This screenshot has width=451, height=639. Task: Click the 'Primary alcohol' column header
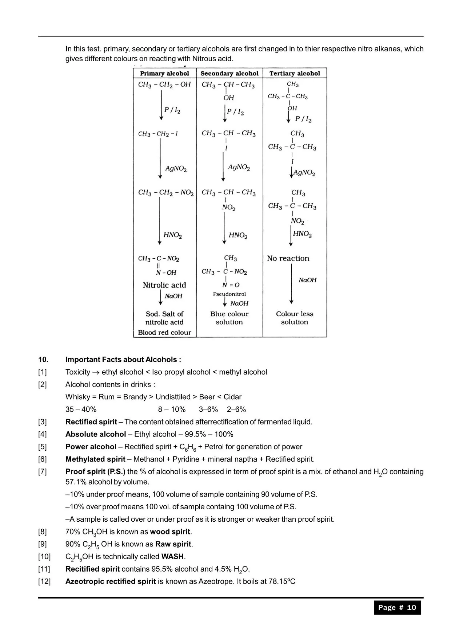(x=164, y=73)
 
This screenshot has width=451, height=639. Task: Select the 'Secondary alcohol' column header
(x=230, y=73)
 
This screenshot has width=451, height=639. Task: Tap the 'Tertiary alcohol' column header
(x=295, y=73)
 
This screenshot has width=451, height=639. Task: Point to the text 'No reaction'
(x=288, y=258)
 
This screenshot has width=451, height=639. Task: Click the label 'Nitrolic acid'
(x=164, y=285)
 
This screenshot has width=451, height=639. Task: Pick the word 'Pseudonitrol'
(x=230, y=294)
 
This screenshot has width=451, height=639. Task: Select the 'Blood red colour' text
(x=164, y=332)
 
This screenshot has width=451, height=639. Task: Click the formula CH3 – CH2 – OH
(x=164, y=85)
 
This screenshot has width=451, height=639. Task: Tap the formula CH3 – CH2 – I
(x=158, y=134)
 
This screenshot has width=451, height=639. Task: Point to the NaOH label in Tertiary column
(x=308, y=280)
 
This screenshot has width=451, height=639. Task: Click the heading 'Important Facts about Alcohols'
(x=123, y=360)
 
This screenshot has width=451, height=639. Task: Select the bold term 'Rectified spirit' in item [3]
(x=91, y=422)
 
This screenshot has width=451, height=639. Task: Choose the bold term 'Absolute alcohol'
(x=96, y=434)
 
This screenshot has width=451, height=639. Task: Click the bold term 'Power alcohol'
(x=91, y=447)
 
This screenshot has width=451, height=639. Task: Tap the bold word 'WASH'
(x=173, y=557)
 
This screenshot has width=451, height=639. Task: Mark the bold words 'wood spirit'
(x=170, y=532)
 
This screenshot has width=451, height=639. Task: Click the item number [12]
(x=44, y=581)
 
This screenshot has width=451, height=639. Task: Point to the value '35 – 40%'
(x=81, y=409)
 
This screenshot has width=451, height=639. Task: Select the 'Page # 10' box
(x=397, y=607)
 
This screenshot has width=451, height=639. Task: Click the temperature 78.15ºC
(x=282, y=581)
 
